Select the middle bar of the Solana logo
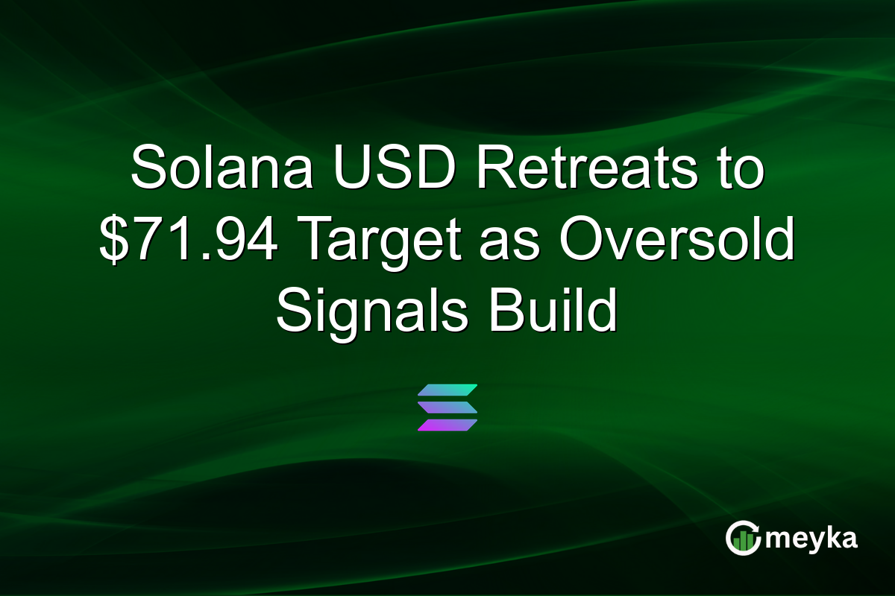click(x=447, y=408)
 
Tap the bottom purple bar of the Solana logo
click(x=447, y=425)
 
